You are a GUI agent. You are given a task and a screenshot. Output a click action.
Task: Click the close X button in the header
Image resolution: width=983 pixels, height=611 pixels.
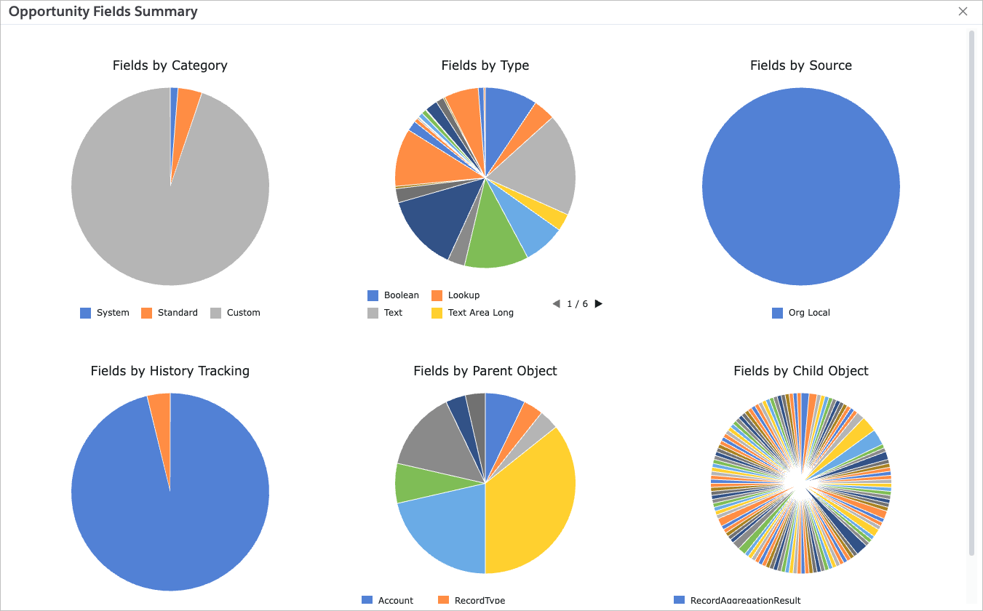(963, 12)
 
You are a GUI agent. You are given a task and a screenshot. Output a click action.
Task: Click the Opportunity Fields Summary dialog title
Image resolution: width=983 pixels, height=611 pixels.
(103, 12)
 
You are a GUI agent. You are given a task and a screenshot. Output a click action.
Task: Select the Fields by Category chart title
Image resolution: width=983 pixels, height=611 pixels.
(170, 65)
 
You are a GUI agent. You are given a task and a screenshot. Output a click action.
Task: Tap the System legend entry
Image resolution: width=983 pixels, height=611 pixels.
(105, 313)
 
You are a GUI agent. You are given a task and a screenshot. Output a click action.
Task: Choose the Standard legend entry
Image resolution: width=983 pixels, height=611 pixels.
(170, 313)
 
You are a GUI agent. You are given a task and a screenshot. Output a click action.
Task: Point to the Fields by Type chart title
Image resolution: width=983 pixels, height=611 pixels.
(485, 65)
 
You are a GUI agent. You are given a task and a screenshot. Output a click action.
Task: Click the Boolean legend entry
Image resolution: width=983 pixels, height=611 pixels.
(394, 295)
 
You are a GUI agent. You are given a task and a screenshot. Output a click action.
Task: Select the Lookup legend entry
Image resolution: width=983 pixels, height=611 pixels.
(455, 295)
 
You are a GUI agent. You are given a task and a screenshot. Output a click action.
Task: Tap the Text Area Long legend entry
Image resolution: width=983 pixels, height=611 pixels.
(472, 313)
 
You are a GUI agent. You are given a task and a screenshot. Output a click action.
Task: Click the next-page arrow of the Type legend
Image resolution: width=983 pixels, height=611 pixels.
(599, 304)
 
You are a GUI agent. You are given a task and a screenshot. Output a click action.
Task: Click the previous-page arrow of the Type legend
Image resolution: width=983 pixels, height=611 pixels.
(556, 304)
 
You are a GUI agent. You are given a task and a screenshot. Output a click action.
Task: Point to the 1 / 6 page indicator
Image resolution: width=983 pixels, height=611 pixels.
(577, 304)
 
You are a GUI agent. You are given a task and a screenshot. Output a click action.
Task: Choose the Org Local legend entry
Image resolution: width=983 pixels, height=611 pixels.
(801, 313)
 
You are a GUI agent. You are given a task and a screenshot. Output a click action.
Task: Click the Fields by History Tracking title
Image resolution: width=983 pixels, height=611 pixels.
(170, 371)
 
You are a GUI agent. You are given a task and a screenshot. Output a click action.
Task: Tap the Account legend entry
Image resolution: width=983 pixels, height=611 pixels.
(388, 601)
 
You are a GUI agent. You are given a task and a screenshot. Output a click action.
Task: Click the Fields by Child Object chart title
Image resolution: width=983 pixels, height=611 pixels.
(800, 371)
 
